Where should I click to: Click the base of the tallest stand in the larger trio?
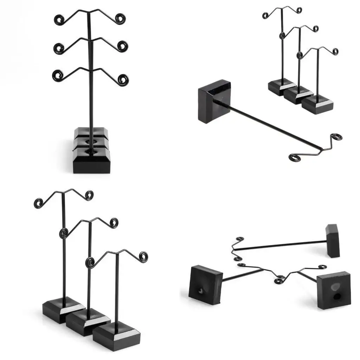point(63,309)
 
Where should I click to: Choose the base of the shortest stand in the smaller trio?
point(317,104)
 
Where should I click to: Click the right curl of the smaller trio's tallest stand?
point(299,10)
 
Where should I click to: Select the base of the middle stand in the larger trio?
point(88,322)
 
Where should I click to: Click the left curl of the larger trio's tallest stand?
point(38,203)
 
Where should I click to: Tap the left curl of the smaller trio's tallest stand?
point(265,15)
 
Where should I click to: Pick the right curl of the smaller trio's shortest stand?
point(335,51)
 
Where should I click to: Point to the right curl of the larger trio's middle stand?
point(114,223)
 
